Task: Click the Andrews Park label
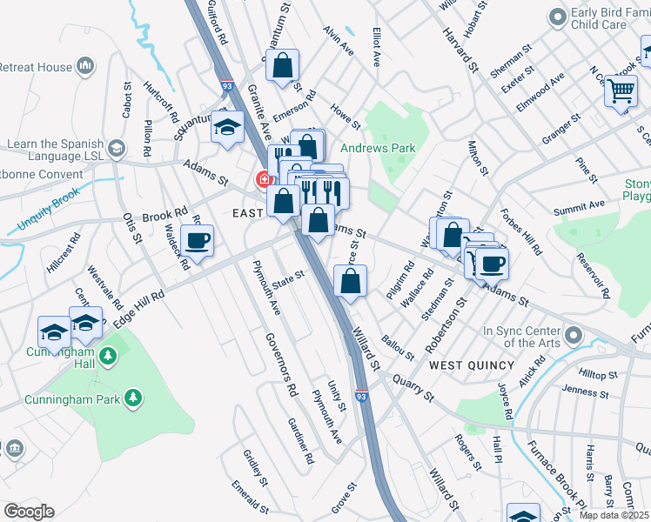(x=378, y=149)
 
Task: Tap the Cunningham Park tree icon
(x=133, y=398)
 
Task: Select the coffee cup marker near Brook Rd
(x=197, y=241)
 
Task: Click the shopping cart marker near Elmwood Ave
(x=621, y=90)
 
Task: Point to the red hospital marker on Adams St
(x=263, y=180)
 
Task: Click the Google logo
(x=29, y=512)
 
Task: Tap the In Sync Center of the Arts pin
(x=573, y=334)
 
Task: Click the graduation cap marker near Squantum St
(x=227, y=128)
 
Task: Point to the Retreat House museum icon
(x=85, y=66)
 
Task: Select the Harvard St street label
(x=460, y=47)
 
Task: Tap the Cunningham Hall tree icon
(x=108, y=357)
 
